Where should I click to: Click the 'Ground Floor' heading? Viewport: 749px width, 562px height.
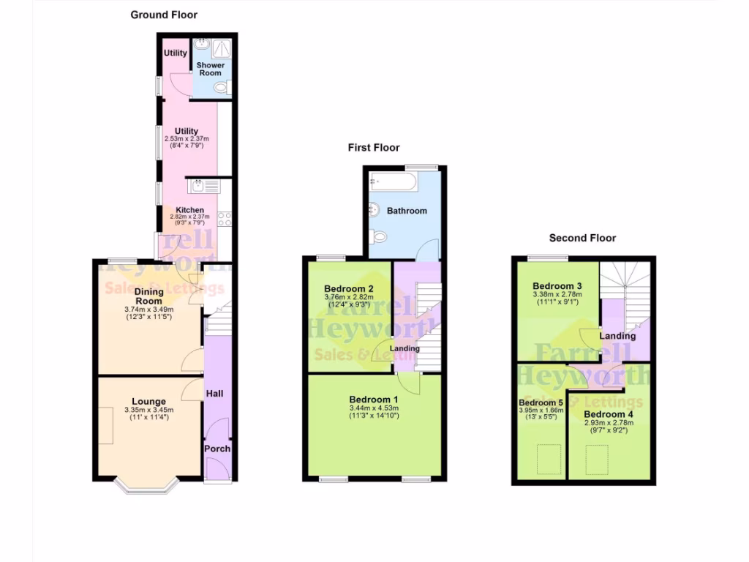coord(164,15)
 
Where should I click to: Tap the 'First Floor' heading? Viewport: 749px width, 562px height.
coord(374,148)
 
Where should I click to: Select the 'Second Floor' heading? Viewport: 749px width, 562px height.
coord(582,238)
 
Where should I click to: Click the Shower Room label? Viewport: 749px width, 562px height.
coord(211,69)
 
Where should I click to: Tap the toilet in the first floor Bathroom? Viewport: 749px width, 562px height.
coord(378,237)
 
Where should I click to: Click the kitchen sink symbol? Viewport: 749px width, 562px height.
coord(199,187)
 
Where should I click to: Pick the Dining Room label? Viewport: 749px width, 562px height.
coord(148,296)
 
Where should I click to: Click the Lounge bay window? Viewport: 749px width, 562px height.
coord(147,484)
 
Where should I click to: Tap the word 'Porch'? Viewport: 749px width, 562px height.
coord(217,449)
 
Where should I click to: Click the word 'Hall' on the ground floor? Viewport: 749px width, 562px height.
coord(214,394)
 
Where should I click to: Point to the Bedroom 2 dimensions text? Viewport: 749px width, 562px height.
coord(348,300)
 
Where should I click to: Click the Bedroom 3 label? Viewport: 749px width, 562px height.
coord(557,285)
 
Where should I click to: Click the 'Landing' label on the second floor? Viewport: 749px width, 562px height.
coord(617,336)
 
